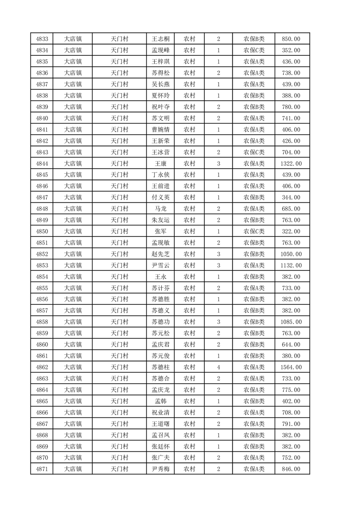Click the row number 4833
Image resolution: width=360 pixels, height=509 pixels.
[42, 39]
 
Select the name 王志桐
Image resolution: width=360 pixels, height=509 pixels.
[161, 39]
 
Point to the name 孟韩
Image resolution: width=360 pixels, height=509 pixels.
[161, 401]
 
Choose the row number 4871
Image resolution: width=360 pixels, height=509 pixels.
[42, 469]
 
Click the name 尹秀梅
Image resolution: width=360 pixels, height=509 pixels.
[161, 469]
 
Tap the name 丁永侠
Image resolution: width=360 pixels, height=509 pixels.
[161, 175]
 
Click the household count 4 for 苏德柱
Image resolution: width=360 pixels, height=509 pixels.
[218, 367]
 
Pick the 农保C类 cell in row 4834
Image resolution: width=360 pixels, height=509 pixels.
[254, 50]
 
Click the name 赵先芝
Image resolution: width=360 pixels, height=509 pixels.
[161, 254]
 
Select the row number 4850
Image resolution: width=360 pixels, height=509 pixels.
[42, 231]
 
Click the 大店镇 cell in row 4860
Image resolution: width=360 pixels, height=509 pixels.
[73, 344]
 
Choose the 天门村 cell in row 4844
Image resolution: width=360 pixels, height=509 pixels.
[120, 163]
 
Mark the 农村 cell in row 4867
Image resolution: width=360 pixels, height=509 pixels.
[189, 424]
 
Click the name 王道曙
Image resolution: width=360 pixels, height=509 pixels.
[161, 424]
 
